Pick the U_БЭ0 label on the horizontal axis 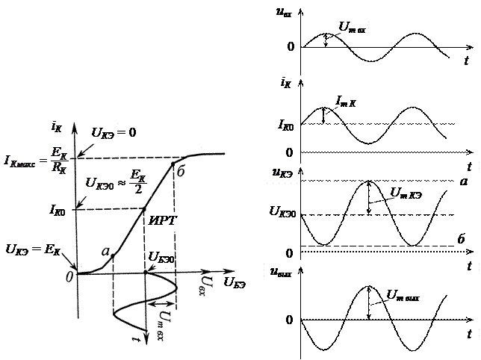162,258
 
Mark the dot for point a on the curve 112,255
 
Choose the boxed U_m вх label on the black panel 353,28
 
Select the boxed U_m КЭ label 406,193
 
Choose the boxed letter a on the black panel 464,182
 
